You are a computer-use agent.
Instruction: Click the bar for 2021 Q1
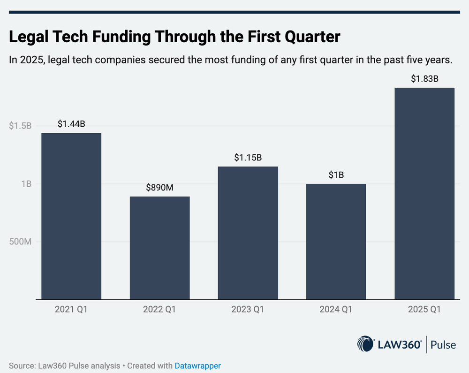pyautogui.click(x=71, y=216)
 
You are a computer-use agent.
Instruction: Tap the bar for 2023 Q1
pyautogui.click(x=248, y=233)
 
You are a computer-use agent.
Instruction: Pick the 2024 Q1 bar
pyautogui.click(x=336, y=241)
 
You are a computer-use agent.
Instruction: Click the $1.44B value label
pyautogui.click(x=71, y=124)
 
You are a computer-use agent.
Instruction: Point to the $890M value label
pyautogui.click(x=159, y=188)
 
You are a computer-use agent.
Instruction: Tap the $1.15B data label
pyautogui.click(x=248, y=158)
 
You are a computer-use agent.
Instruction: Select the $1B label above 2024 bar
pyautogui.click(x=336, y=175)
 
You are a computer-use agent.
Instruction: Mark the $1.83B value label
pyautogui.click(x=424, y=79)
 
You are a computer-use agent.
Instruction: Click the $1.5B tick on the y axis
pyautogui.click(x=20, y=126)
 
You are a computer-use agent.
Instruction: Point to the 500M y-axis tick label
pyautogui.click(x=20, y=242)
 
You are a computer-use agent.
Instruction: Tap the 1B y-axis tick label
pyautogui.click(x=25, y=184)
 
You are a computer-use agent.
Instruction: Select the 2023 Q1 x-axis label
pyautogui.click(x=248, y=310)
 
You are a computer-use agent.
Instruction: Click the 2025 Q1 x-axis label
pyautogui.click(x=424, y=310)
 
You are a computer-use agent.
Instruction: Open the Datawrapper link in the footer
pyautogui.click(x=197, y=365)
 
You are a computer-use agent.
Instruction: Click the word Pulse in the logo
pyautogui.click(x=443, y=345)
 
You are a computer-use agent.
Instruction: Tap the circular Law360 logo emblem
pyautogui.click(x=366, y=345)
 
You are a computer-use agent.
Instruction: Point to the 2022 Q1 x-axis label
pyautogui.click(x=159, y=310)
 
